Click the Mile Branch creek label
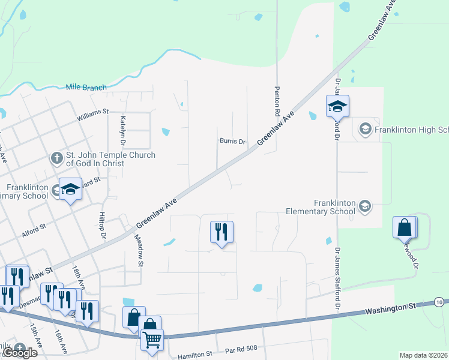(x=86, y=88)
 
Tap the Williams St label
(x=92, y=112)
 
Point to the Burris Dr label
(x=232, y=142)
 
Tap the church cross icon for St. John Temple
(x=56, y=158)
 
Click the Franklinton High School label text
(x=411, y=129)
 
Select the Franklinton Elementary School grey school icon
(x=364, y=207)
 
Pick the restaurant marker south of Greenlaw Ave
(x=221, y=232)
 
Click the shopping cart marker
(x=152, y=340)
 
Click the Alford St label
(x=34, y=229)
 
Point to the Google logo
(x=20, y=353)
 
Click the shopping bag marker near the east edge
(x=405, y=227)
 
